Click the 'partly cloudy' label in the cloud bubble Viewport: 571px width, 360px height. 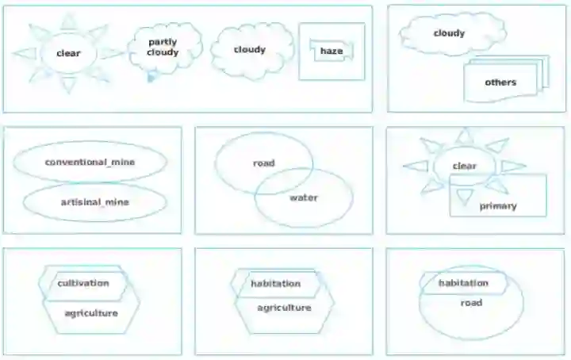pos(163,48)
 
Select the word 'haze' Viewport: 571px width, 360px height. pos(331,52)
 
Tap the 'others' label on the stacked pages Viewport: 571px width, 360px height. pos(500,82)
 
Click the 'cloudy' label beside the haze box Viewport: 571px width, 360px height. pos(249,50)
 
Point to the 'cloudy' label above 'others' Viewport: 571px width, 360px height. pos(449,33)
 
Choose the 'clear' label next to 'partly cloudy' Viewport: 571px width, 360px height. pos(69,53)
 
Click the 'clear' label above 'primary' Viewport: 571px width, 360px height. pos(464,167)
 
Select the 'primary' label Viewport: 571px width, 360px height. pos(497,206)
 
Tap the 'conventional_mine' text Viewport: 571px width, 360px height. pos(90,162)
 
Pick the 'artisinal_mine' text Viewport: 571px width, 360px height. pos(94,202)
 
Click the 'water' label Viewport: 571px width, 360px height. pos(303,197)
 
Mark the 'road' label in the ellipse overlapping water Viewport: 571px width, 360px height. pos(263,163)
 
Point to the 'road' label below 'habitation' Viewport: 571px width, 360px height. pos(471,303)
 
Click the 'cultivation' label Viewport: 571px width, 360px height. pos(82,283)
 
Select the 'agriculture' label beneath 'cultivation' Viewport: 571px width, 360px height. pos(90,313)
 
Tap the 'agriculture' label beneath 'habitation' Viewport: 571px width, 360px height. pos(284,308)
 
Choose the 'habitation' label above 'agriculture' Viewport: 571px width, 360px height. pos(275,284)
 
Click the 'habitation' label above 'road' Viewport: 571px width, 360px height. pos(463,283)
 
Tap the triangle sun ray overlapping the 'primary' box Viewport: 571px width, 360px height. pos(464,195)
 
